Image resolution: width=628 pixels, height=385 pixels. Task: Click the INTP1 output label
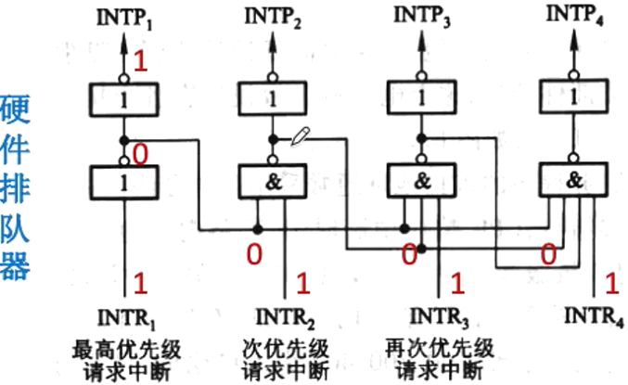(x=123, y=19)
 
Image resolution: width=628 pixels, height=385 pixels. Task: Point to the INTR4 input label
(x=595, y=320)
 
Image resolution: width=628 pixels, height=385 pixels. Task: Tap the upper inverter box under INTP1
(x=123, y=98)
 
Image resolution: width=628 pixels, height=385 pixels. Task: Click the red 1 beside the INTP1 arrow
(x=141, y=62)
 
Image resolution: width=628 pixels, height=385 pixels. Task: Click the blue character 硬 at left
(x=16, y=108)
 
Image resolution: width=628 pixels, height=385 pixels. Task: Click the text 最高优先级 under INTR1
(x=125, y=351)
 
